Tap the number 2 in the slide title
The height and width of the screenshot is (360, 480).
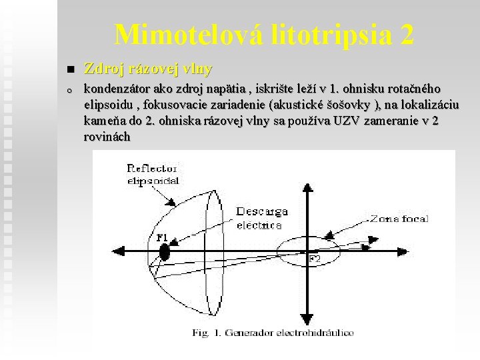click(x=406, y=35)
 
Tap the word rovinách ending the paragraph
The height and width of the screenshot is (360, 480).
click(x=107, y=137)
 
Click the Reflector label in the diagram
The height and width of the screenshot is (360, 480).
click(x=153, y=169)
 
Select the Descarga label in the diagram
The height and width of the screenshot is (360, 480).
click(x=262, y=212)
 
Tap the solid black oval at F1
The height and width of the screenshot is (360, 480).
click(x=164, y=253)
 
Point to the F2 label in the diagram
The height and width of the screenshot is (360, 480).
click(x=314, y=258)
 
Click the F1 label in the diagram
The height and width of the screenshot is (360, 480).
click(x=162, y=237)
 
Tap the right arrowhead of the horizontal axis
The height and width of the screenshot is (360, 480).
click(x=367, y=247)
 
